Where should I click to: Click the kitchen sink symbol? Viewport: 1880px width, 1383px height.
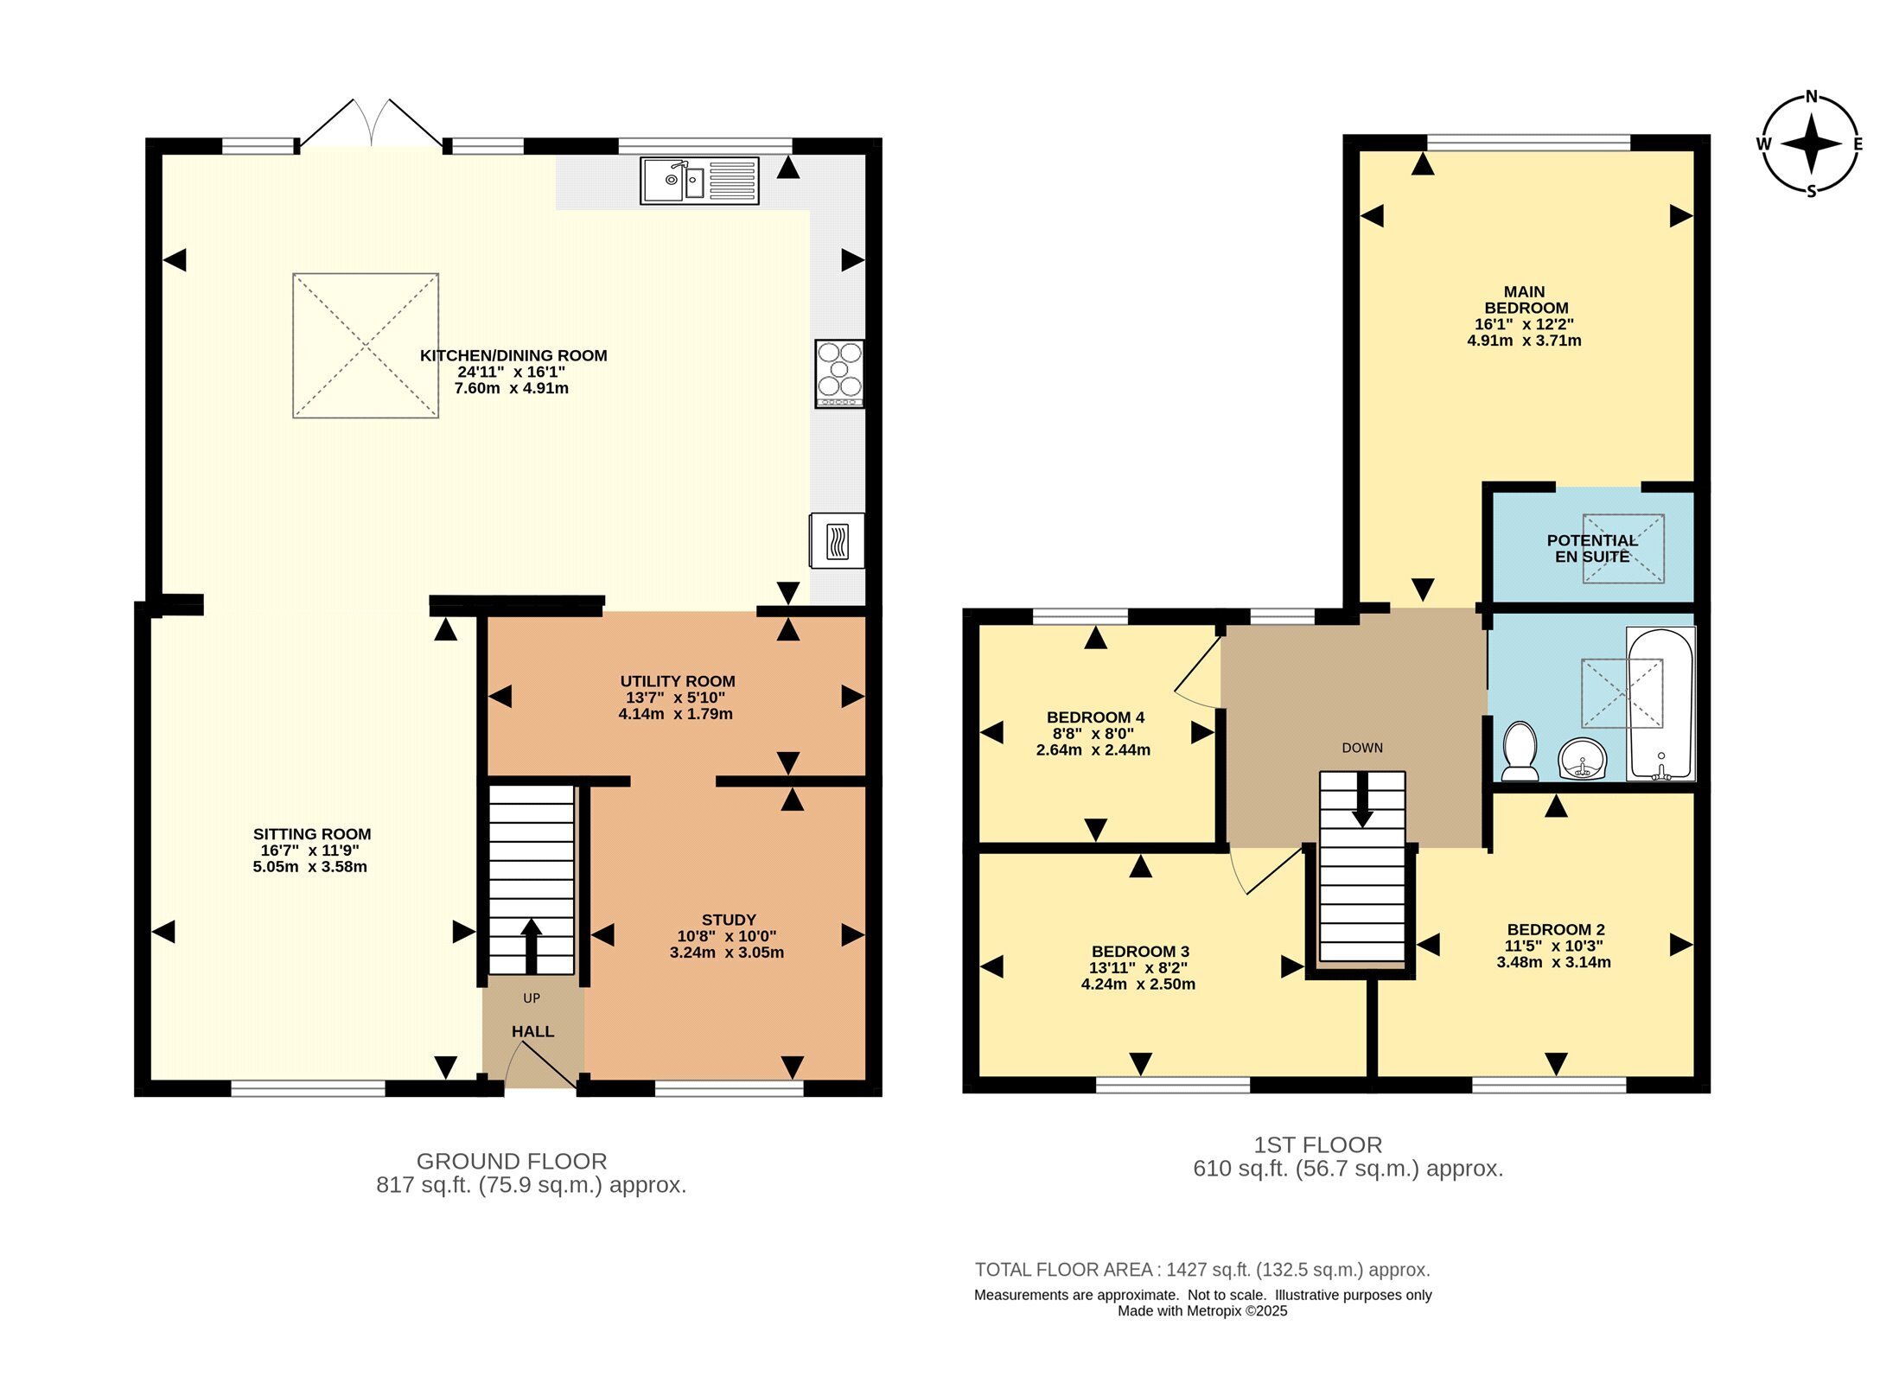point(699,181)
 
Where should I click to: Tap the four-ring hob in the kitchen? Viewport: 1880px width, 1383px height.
point(839,373)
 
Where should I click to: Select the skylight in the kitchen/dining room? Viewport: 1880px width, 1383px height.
point(366,346)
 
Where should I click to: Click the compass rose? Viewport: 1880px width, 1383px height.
point(1812,143)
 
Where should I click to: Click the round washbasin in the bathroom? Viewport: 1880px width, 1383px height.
point(1582,759)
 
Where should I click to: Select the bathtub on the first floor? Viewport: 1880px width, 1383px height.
point(1660,703)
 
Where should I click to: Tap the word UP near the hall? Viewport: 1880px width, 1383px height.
point(532,998)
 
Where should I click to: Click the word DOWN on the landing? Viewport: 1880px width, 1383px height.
point(1362,748)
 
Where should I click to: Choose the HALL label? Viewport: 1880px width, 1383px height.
point(532,1031)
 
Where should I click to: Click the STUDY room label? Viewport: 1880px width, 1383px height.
point(729,920)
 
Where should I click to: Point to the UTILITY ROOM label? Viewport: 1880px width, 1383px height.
point(678,681)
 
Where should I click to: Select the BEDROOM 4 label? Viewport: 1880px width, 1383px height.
point(1095,717)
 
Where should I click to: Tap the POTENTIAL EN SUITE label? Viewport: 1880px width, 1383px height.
point(1592,548)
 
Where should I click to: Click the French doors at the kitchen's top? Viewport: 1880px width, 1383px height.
point(372,124)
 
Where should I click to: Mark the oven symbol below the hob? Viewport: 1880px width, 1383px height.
point(837,541)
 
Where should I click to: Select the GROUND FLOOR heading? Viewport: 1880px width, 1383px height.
point(512,1161)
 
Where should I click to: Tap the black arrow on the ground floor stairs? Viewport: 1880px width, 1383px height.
point(531,946)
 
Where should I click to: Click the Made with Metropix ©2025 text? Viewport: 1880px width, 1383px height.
point(1202,1311)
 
